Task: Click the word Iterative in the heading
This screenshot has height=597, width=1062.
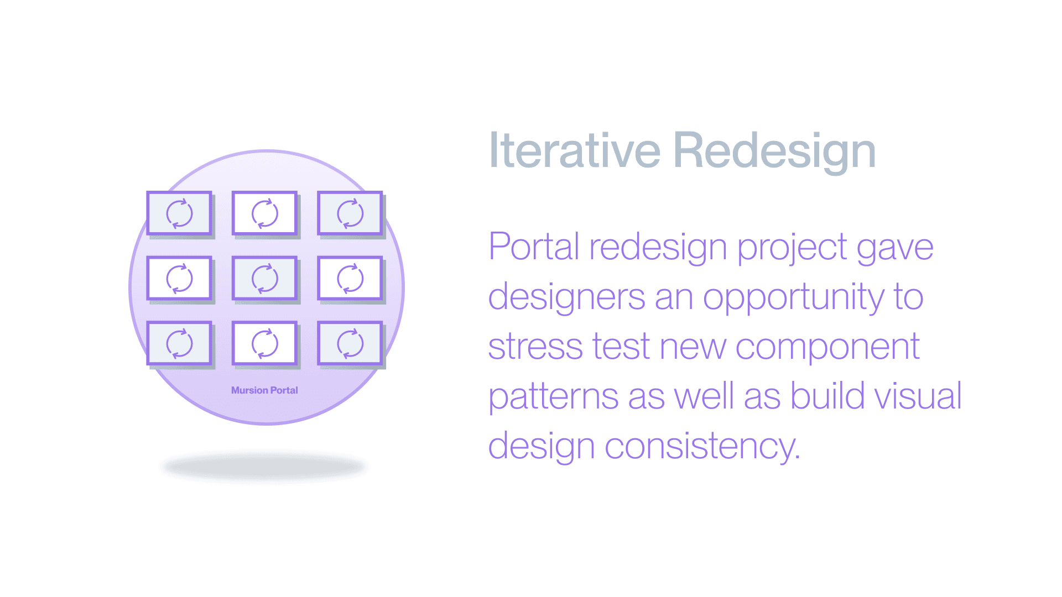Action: pyautogui.click(x=575, y=150)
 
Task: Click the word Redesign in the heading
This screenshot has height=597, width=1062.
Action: pyautogui.click(x=774, y=153)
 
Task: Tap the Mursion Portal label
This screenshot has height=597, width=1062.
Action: pyautogui.click(x=264, y=390)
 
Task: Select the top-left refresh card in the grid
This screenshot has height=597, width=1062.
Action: pyautogui.click(x=180, y=214)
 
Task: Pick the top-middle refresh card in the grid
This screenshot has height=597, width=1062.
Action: pyautogui.click(x=265, y=214)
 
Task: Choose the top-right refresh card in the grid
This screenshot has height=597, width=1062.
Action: pyautogui.click(x=350, y=214)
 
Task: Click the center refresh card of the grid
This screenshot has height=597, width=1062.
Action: pyautogui.click(x=265, y=279)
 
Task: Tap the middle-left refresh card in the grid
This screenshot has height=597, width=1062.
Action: pyautogui.click(x=180, y=279)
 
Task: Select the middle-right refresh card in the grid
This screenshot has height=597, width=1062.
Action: pyautogui.click(x=350, y=279)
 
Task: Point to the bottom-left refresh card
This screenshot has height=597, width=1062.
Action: pyautogui.click(x=180, y=344)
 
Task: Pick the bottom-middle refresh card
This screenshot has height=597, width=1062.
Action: pyautogui.click(x=265, y=344)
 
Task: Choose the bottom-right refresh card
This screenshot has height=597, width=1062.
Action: pyautogui.click(x=350, y=344)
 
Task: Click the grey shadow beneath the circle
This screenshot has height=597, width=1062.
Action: pyautogui.click(x=264, y=467)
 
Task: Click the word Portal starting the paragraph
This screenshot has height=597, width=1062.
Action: pyautogui.click(x=534, y=247)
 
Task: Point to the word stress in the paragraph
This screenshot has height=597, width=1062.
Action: pyautogui.click(x=535, y=347)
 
